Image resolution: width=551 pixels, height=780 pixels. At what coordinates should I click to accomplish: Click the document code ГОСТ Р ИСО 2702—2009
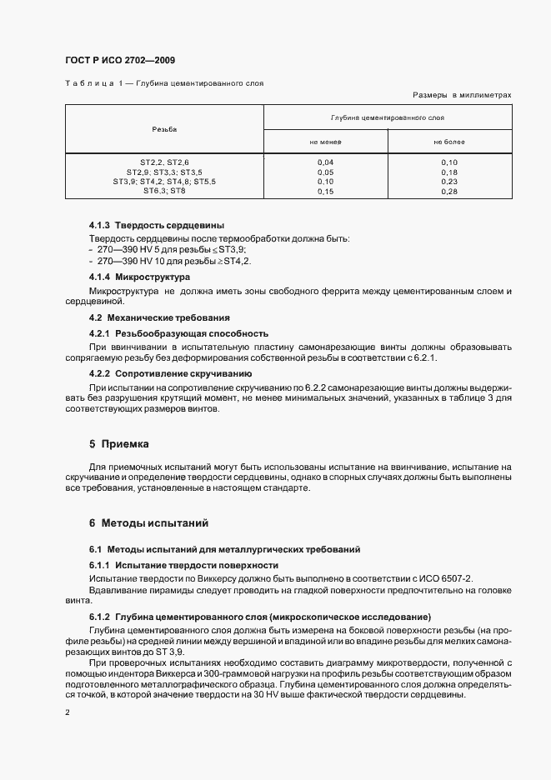[119, 61]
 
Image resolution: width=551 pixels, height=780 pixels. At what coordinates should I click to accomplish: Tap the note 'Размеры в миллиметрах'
[462, 96]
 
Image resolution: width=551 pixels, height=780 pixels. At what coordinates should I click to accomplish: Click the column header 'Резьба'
[164, 129]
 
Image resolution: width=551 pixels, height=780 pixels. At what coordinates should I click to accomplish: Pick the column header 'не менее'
[325, 142]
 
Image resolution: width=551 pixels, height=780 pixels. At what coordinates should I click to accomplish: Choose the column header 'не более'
[448, 142]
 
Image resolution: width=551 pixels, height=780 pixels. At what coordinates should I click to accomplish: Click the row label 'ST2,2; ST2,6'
[164, 162]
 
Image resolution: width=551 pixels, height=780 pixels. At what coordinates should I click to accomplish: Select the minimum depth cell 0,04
[325, 162]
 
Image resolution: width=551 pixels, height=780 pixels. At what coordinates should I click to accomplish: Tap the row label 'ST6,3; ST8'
[164, 190]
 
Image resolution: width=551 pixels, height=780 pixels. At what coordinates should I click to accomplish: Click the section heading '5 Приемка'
[118, 444]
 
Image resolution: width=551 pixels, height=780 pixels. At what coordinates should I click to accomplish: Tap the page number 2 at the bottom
[67, 713]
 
